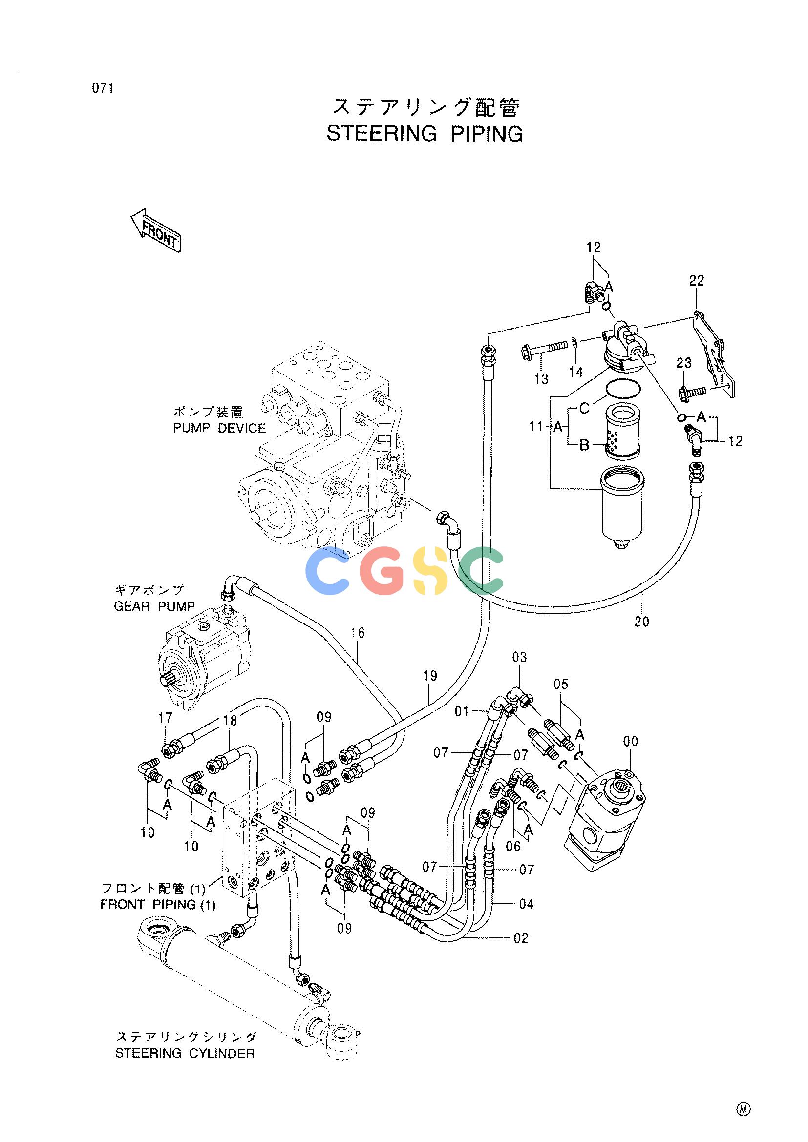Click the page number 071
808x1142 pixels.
(103, 88)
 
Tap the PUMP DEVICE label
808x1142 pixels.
(219, 428)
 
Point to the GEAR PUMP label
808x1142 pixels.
(154, 606)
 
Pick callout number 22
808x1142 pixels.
(697, 281)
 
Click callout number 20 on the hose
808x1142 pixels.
(642, 621)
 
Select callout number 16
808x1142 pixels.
(357, 633)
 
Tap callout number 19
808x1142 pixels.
(430, 676)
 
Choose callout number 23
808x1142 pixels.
(684, 363)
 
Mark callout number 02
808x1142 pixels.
(520, 938)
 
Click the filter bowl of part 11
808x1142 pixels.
(622, 508)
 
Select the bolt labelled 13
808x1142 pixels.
(544, 345)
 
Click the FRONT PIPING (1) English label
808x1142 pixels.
(158, 904)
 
